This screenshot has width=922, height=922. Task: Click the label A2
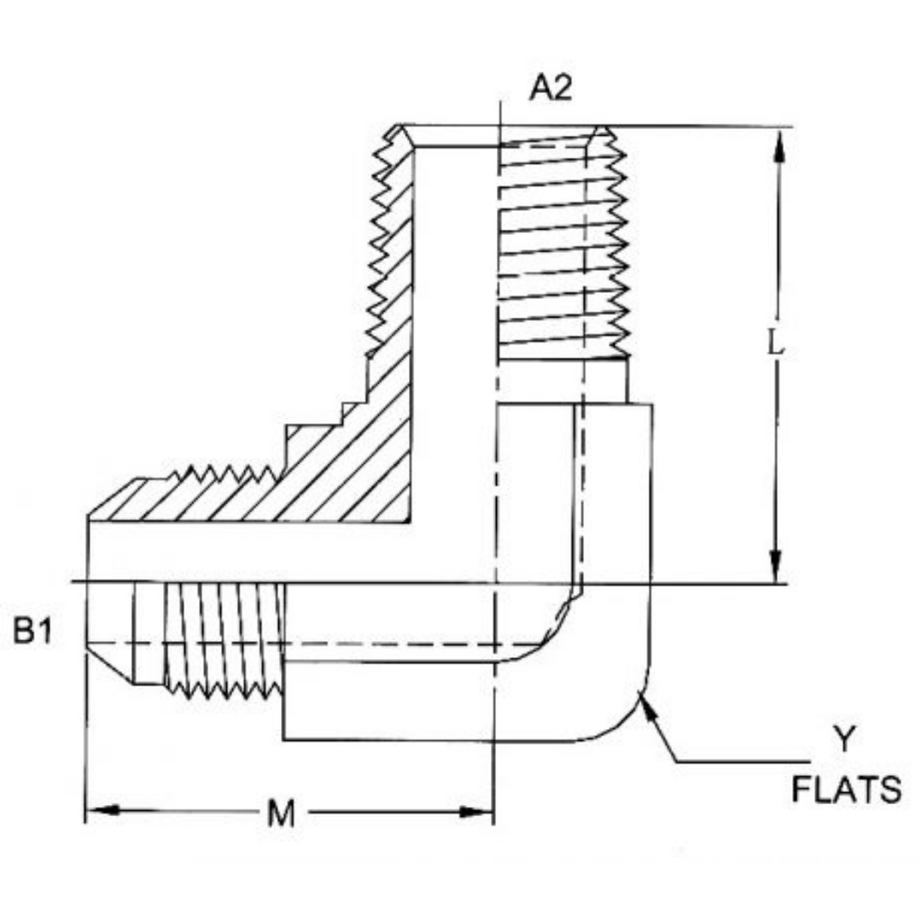tap(550, 89)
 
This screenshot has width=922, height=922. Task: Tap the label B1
tap(33, 631)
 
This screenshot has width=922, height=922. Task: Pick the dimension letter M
tap(281, 813)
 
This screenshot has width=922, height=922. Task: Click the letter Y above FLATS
tap(845, 739)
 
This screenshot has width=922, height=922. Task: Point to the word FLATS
tap(846, 790)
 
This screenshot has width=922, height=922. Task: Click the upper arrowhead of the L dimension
tap(779, 146)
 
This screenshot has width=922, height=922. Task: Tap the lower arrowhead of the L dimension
tap(775, 565)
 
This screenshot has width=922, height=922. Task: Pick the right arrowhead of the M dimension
tap(475, 812)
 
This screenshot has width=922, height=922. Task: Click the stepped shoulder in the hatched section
tap(326, 414)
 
